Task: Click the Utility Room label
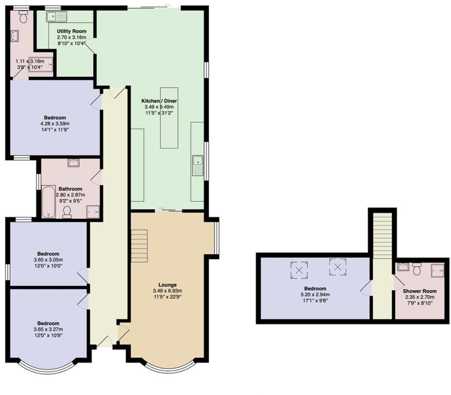click(71, 31)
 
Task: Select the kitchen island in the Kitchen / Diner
click(169, 118)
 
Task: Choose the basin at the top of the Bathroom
click(73, 163)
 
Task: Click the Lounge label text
click(167, 284)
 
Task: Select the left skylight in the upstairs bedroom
click(299, 270)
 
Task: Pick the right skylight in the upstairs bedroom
click(338, 267)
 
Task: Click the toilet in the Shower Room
click(417, 268)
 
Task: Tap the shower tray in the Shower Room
click(437, 270)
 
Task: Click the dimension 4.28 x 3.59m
click(55, 123)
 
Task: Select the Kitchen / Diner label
click(159, 101)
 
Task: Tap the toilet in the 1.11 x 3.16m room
click(23, 16)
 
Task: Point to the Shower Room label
click(420, 291)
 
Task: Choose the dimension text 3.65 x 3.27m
click(49, 329)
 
